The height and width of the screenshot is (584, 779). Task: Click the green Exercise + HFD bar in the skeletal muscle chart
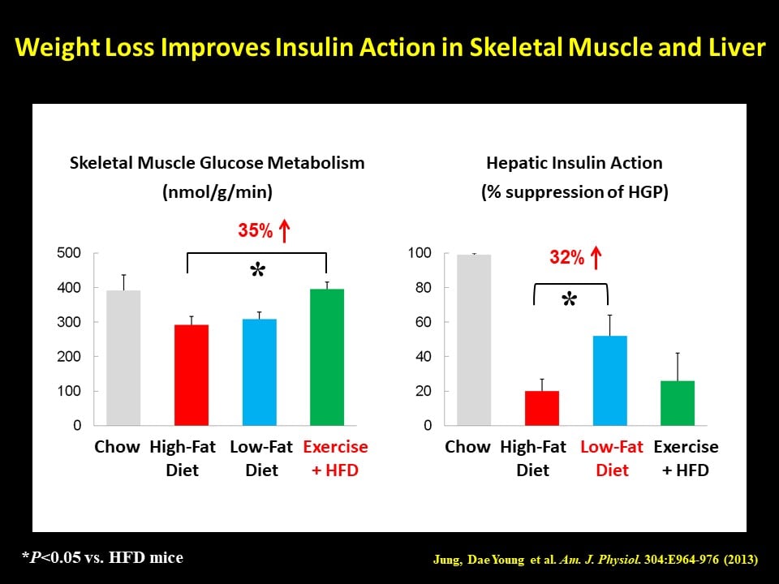coord(327,357)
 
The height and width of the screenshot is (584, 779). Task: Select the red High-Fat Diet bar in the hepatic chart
coord(542,408)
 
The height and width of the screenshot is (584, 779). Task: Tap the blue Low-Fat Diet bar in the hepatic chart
coord(610,380)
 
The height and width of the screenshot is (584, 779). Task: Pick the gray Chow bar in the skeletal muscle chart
coord(123,358)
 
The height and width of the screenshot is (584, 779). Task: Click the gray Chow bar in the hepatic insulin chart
coord(474,340)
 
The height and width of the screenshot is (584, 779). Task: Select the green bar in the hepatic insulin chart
coord(678,403)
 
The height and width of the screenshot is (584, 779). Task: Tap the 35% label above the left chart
coord(255,231)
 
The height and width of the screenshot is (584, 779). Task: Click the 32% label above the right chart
coord(566,258)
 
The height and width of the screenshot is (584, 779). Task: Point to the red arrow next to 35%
coord(284,231)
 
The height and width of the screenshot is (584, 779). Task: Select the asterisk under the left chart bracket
coord(257,273)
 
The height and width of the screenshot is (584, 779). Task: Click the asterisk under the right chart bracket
coord(569,302)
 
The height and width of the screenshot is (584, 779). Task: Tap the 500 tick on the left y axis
coord(70,253)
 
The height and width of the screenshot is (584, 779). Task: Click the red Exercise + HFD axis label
coord(335,458)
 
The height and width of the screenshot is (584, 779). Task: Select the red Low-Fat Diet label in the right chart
coord(612,458)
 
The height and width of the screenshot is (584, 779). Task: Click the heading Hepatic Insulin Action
coord(575,163)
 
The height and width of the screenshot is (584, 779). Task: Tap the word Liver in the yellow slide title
coord(733,48)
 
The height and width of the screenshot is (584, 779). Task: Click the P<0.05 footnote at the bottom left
coord(102,557)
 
